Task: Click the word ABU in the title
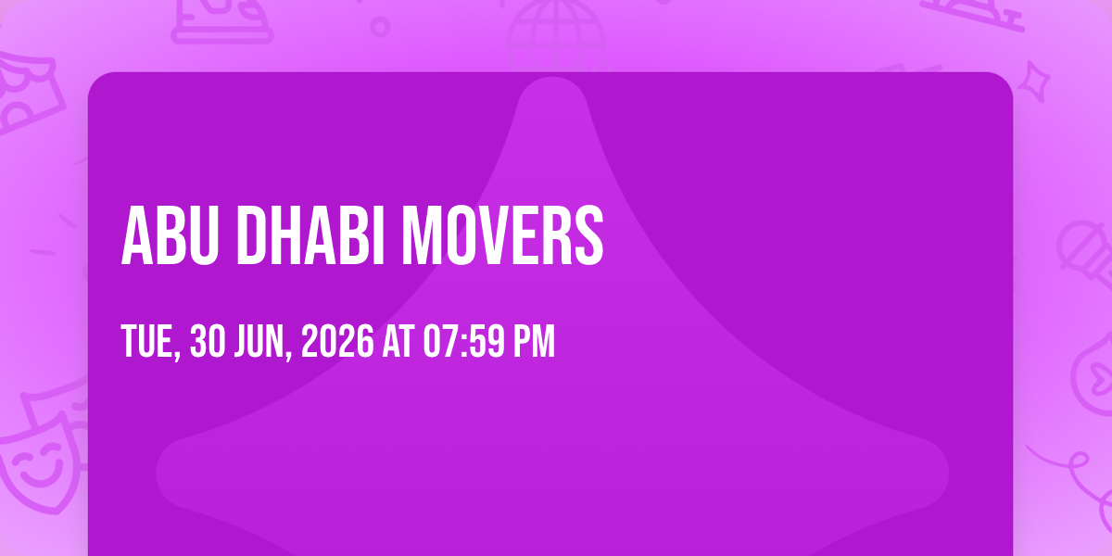pyautogui.click(x=170, y=235)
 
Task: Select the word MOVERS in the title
pyautogui.click(x=502, y=235)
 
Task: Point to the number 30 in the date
pyautogui.click(x=208, y=341)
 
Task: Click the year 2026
pyautogui.click(x=337, y=341)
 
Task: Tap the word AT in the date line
pyautogui.click(x=398, y=341)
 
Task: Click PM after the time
pyautogui.click(x=534, y=341)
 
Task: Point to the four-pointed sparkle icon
pyautogui.click(x=1034, y=82)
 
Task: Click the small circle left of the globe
pyautogui.click(x=380, y=27)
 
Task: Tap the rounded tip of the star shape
pyautogui.click(x=552, y=81)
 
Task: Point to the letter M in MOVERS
pyautogui.click(x=422, y=235)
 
